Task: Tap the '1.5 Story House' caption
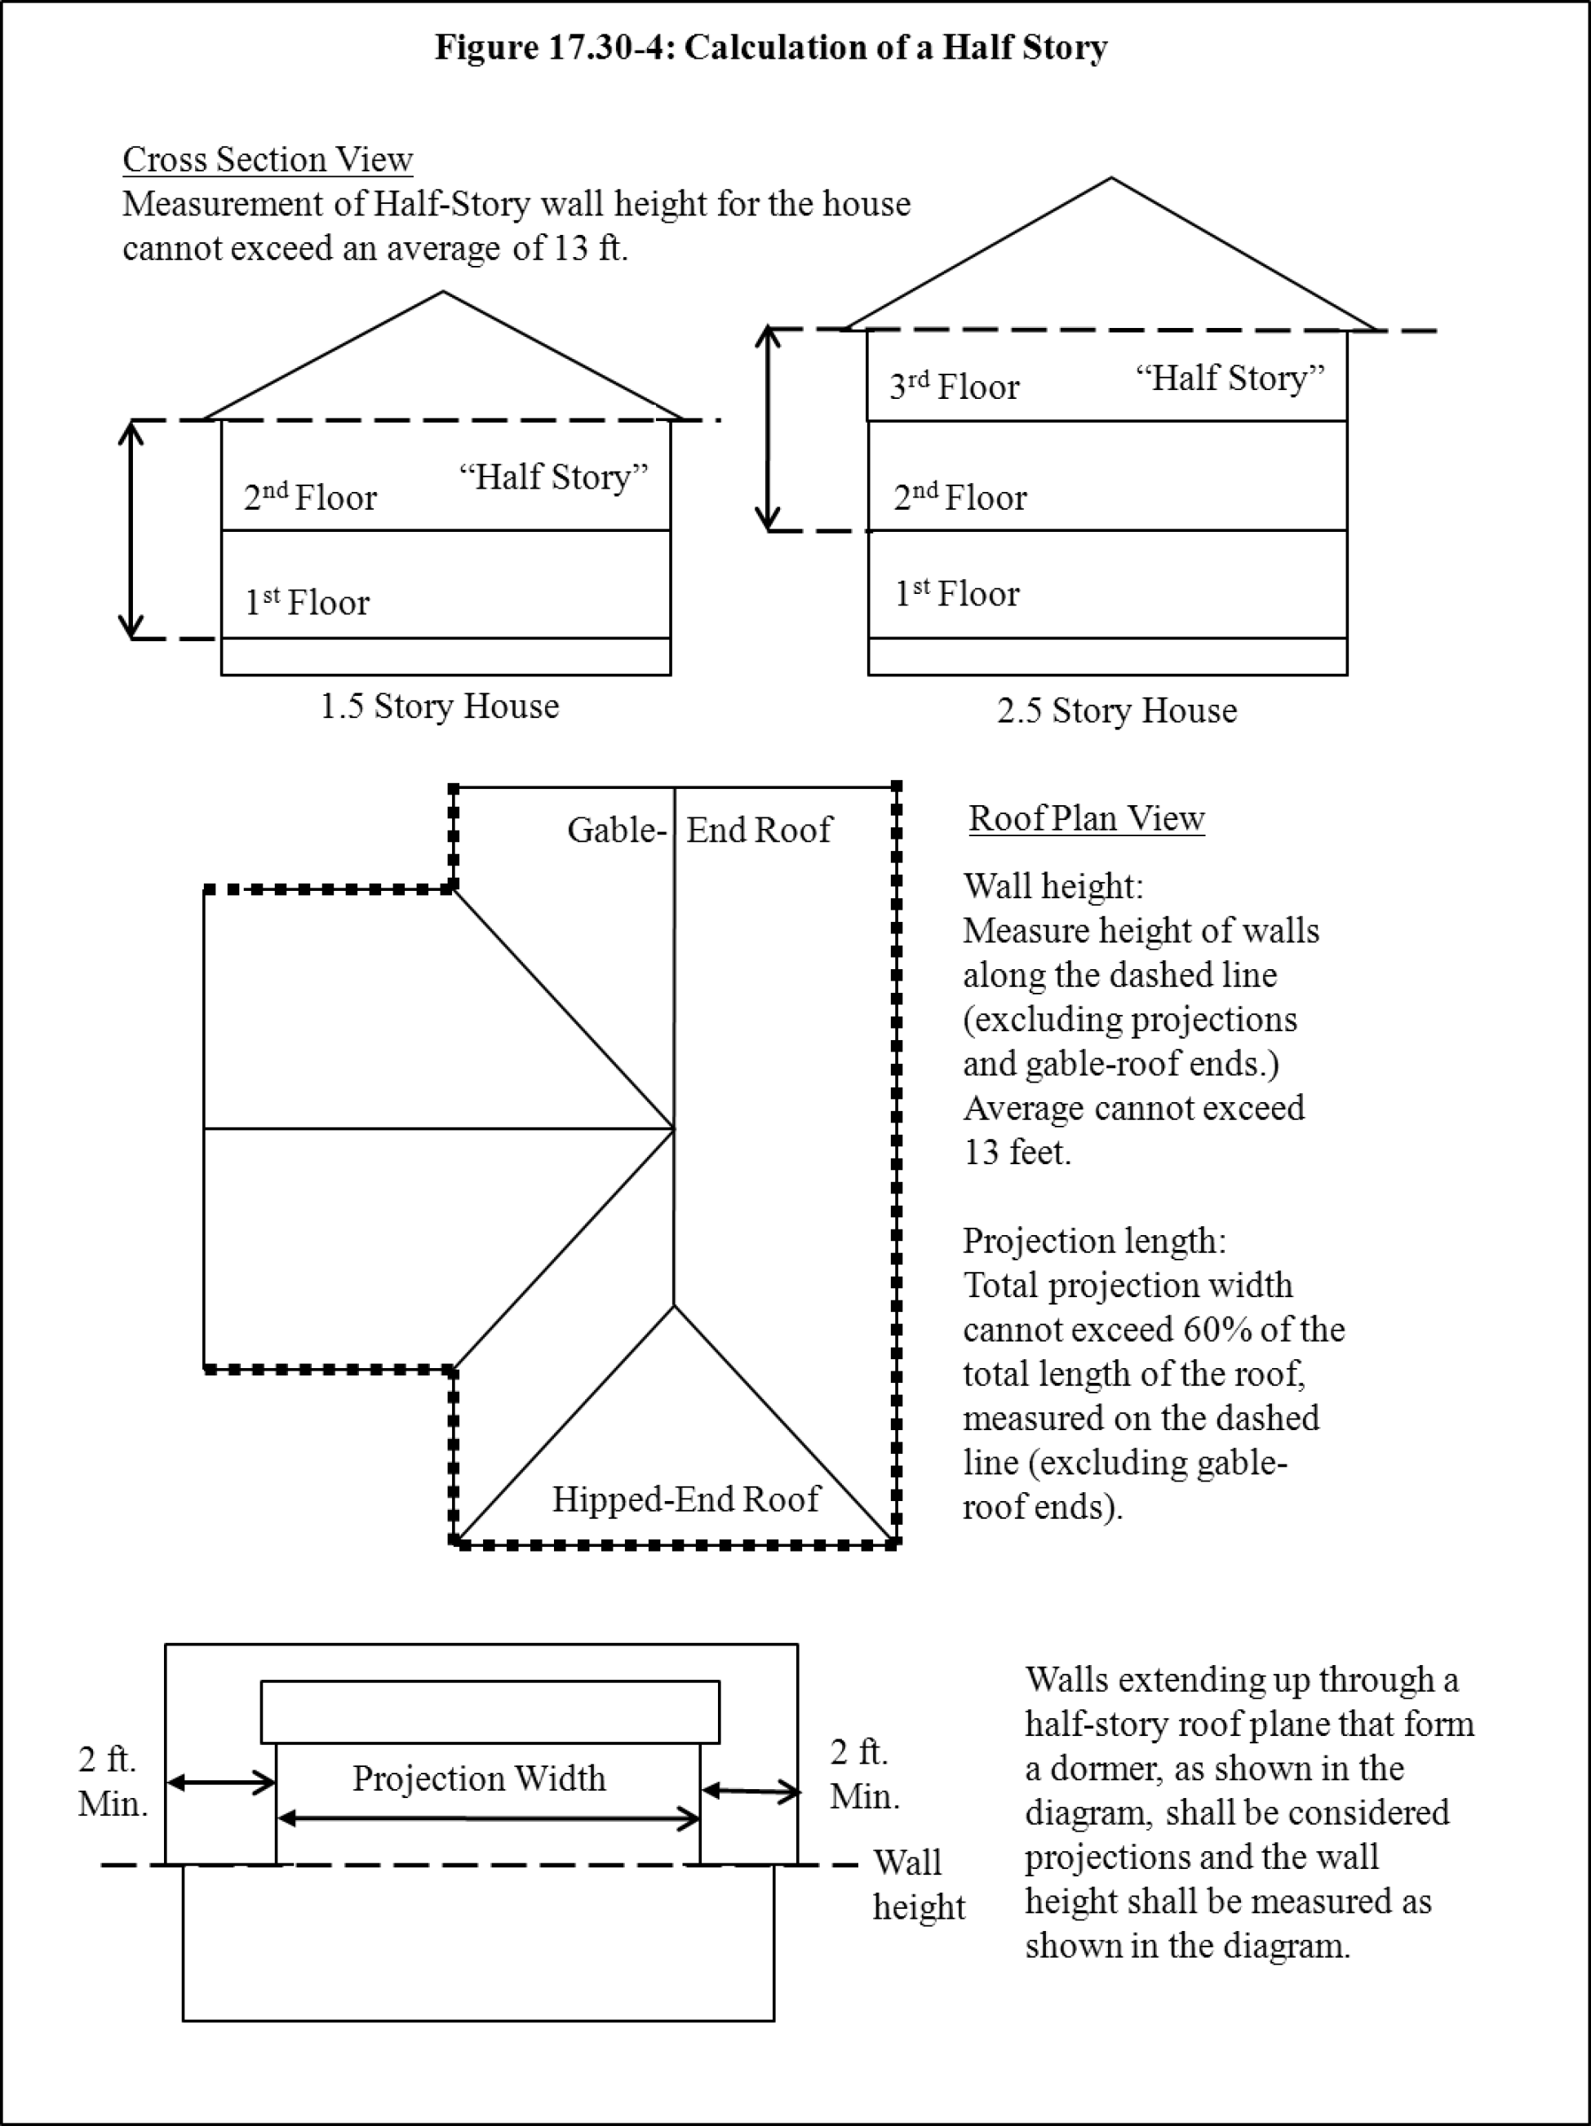439,706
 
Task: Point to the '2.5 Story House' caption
1116,711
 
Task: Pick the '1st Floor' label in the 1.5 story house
307,603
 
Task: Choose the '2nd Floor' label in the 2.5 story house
959,497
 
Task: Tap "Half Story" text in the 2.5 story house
1230,378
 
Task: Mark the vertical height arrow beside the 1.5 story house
131,529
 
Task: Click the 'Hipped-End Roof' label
685,1499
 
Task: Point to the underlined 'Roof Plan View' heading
1086,818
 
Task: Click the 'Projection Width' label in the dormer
479,1778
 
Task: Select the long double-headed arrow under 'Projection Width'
489,1818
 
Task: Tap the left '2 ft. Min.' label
112,1782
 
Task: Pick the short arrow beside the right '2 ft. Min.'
751,1791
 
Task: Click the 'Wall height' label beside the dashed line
918,1885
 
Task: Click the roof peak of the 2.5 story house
1111,178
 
